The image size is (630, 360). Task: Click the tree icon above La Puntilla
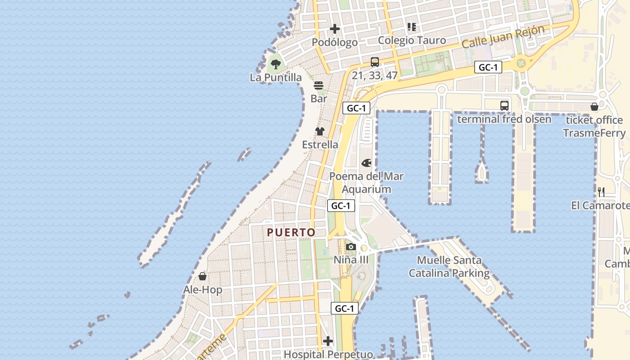coord(276,64)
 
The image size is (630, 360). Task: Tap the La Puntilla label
coord(276,77)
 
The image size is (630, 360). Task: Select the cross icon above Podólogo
coord(335,29)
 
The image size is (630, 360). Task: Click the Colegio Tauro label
coord(412,40)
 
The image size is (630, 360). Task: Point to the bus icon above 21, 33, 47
coord(375,62)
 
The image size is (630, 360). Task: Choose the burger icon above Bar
coord(319,85)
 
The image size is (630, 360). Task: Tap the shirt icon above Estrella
coord(320,131)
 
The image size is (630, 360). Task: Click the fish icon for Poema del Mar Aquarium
coord(367,162)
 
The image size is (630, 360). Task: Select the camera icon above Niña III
coord(351,247)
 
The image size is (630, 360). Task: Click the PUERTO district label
coord(291,232)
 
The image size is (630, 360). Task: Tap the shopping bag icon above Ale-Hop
coord(202,276)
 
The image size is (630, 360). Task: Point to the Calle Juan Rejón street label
coord(503,37)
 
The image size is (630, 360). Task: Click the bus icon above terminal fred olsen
coord(504,106)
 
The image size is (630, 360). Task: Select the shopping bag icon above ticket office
coord(594,107)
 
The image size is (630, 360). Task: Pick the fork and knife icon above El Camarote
coord(601,192)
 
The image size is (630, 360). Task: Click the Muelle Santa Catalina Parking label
coord(449,266)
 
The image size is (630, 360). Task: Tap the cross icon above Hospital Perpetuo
coord(328,341)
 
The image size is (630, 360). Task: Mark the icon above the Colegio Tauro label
coord(412,27)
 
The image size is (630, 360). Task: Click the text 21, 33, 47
coord(375,75)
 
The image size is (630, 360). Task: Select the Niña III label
coord(351,260)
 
